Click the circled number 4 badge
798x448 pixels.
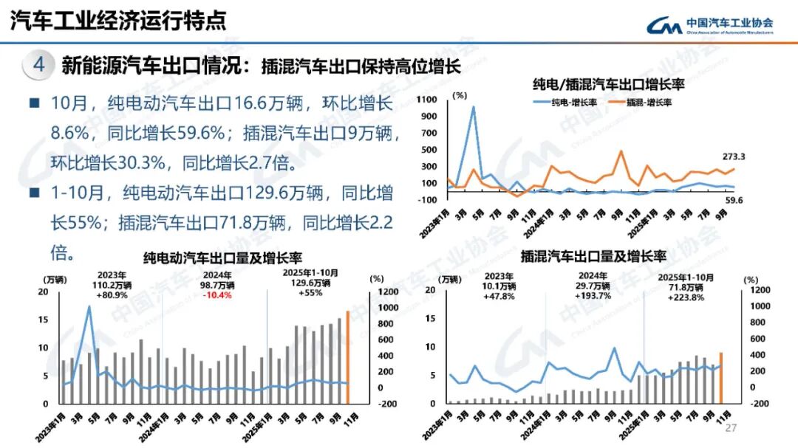39,65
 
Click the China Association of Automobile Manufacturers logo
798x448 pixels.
710,25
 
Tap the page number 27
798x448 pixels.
731,429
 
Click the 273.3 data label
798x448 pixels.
734,156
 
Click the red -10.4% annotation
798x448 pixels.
216,295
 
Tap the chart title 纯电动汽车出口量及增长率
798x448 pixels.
222,258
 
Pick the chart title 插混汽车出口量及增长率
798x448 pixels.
593,258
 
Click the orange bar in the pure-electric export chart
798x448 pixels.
348,358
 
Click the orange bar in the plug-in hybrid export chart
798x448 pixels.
720,379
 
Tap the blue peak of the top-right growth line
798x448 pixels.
473,108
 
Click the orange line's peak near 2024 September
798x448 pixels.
621,152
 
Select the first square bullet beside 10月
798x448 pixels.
34,103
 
